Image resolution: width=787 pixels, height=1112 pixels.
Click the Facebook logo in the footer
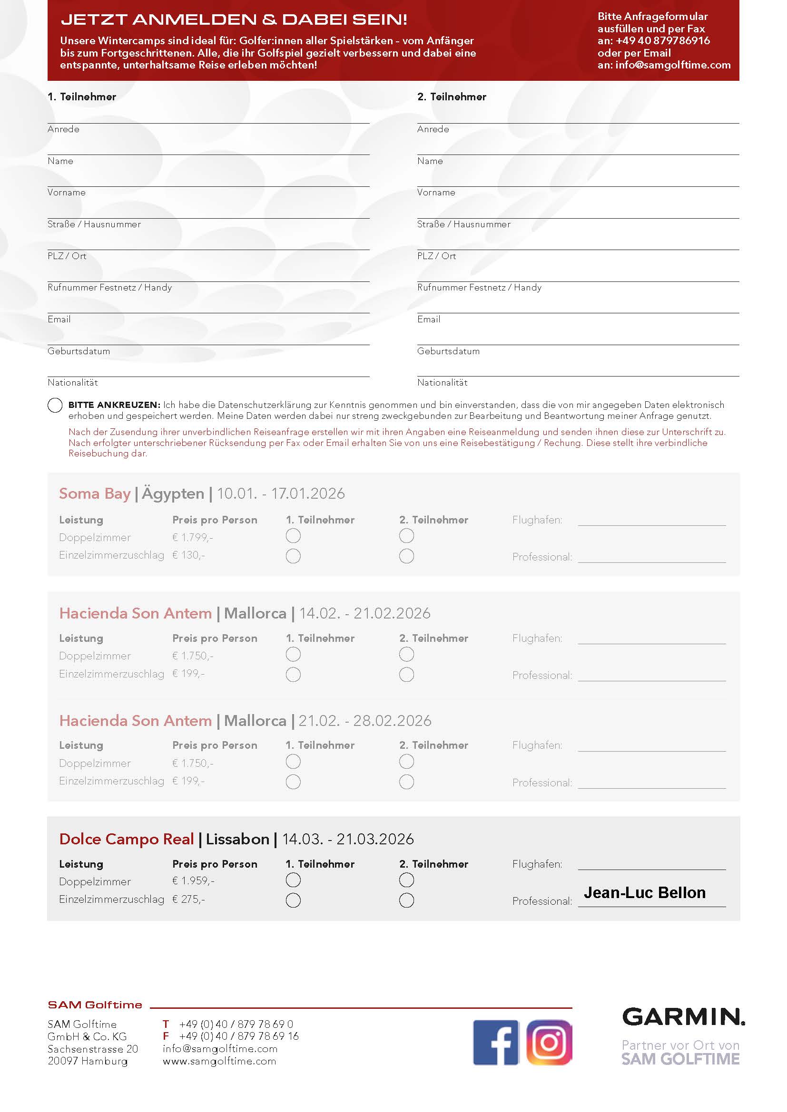coord(496,1042)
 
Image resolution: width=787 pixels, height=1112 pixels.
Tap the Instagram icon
coord(549,1042)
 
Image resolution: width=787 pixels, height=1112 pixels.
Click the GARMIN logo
coord(683,1016)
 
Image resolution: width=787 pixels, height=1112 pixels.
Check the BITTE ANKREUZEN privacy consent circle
coord(55,405)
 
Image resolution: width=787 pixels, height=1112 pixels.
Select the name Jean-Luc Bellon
coord(644,893)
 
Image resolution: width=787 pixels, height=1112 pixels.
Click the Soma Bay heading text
coord(95,493)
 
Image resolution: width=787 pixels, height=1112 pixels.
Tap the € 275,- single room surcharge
coord(188,899)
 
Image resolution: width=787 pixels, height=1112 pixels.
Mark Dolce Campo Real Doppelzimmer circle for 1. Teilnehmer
coord(293,880)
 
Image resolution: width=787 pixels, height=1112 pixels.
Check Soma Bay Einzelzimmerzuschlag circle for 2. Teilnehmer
coord(406,556)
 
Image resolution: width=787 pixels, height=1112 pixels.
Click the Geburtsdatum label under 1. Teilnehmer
coord(79,351)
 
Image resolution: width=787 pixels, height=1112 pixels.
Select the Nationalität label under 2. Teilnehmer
coord(442,383)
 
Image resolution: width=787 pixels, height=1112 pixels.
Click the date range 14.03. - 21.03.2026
coord(348,839)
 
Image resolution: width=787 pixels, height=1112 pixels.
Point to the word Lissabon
coord(237,839)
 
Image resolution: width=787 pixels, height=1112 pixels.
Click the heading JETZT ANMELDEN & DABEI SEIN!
coord(234,19)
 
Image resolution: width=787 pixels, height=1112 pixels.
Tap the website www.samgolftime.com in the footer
coord(219,1061)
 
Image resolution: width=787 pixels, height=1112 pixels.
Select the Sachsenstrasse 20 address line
coord(93,1049)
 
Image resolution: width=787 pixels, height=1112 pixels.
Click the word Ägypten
coord(173,493)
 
